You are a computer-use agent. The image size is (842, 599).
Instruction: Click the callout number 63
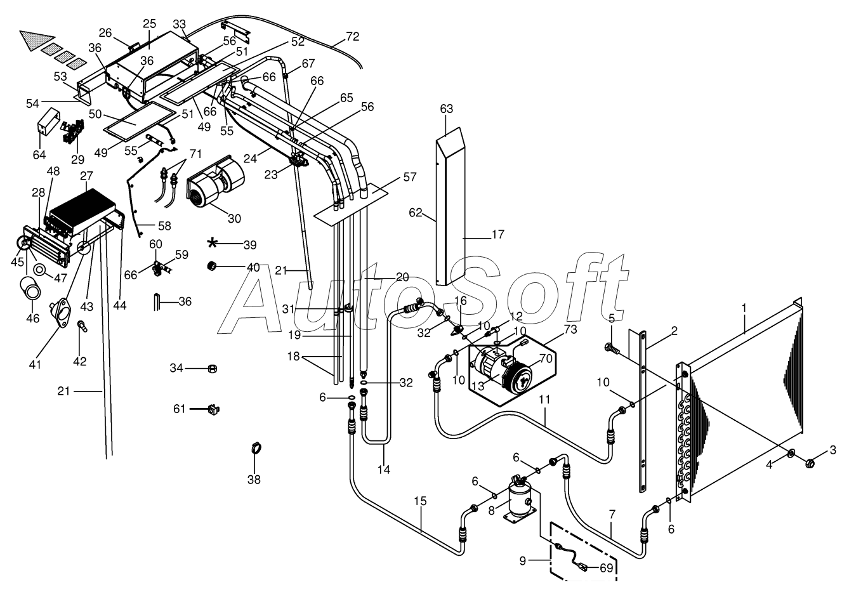[447, 109]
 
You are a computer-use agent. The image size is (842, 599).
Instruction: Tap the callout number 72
[353, 36]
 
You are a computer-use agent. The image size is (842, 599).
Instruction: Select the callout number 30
[234, 218]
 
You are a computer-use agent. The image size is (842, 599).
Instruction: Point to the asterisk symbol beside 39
[213, 243]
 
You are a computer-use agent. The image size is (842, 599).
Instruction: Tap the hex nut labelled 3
[810, 463]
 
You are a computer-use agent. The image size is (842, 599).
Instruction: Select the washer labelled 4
[790, 454]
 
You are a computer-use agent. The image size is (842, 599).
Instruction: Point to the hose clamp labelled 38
[256, 449]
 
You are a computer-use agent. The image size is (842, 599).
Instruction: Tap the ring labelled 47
[40, 270]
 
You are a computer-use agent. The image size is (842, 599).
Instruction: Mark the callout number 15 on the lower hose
[421, 501]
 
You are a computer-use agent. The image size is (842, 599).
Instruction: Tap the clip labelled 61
[213, 409]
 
